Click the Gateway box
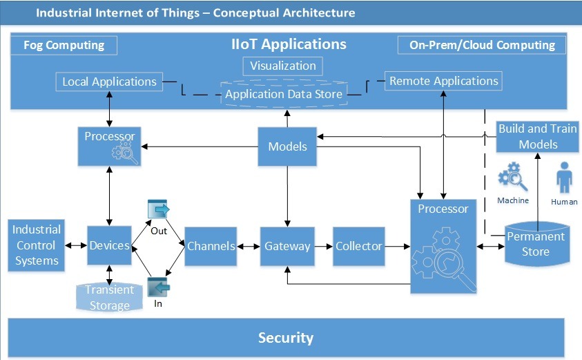coord(287,246)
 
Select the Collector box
coord(358,246)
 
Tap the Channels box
coord(211,246)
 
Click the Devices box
coord(109,245)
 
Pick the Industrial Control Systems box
coord(37,245)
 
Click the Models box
coord(287,146)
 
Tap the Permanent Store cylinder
coord(536,243)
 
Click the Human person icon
coord(564,179)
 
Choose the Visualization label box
coord(283,66)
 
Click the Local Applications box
coord(109,82)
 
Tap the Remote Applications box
coord(443,81)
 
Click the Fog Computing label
coord(64,46)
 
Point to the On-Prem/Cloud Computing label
coord(482,46)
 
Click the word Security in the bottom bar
coord(285,338)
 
